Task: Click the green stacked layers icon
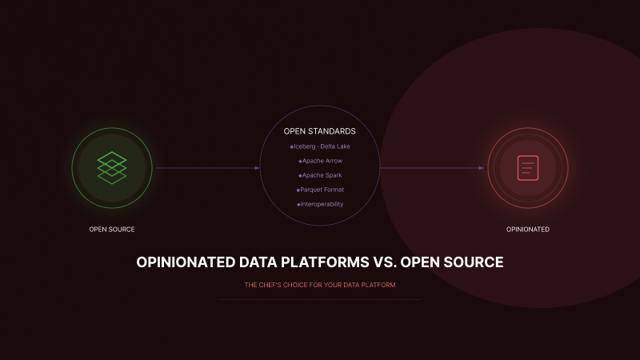point(112,168)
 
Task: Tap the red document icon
point(527,167)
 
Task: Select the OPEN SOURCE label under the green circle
point(112,230)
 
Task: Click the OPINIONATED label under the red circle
point(528,230)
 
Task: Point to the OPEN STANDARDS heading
point(320,131)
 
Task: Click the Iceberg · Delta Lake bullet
point(320,146)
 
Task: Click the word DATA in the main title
point(258,262)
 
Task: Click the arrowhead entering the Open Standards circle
point(258,168)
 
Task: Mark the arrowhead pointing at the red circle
point(482,168)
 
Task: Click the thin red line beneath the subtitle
point(320,299)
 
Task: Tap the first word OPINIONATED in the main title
point(186,262)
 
